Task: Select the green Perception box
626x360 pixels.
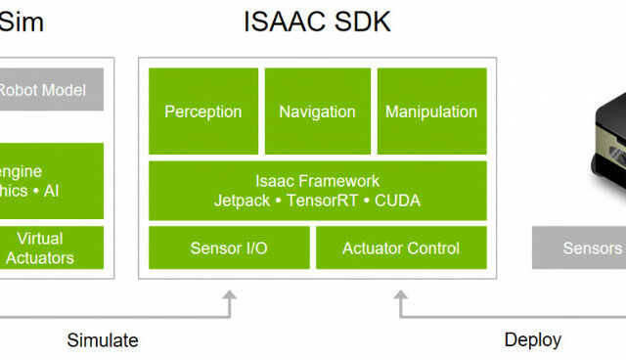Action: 203,111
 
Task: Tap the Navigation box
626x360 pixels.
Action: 317,111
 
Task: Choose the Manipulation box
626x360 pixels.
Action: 431,111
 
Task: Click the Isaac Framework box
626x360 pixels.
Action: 317,191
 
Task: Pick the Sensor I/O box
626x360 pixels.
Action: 229,248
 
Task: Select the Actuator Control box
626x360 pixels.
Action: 401,248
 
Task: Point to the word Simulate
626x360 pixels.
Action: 103,340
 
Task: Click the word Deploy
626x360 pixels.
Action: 532,340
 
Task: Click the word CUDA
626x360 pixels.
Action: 398,201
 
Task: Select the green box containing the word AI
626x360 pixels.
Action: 49,181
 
